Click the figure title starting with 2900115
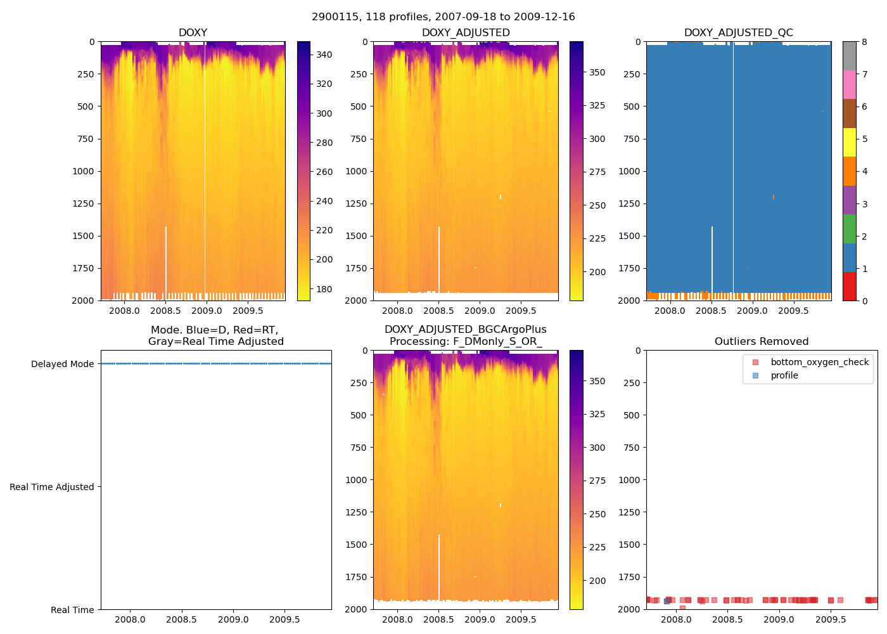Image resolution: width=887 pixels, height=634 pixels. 443,17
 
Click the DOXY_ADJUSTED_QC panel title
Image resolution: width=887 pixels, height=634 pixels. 738,33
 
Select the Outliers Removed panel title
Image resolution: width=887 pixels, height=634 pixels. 761,342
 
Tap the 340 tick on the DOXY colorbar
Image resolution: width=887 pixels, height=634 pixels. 324,55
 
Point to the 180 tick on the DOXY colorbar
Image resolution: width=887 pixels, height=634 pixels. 324,289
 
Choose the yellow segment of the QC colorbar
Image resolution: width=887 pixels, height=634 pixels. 849,142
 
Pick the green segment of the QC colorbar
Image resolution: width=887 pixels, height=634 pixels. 849,228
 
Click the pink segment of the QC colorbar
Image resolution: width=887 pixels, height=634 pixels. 849,84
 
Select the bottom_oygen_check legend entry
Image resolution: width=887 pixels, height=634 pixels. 819,362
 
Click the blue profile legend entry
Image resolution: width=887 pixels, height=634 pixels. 784,375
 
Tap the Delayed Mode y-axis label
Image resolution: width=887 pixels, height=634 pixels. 62,364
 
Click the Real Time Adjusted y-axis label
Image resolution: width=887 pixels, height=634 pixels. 51,487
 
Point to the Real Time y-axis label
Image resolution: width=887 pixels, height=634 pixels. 72,610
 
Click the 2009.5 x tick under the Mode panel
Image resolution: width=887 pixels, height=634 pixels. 284,619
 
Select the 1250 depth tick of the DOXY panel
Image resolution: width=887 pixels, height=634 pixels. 82,204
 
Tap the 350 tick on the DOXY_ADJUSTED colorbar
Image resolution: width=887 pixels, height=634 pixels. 597,72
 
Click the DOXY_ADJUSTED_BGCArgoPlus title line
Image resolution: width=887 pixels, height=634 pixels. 465,330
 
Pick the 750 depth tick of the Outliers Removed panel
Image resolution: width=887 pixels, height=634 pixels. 632,448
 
